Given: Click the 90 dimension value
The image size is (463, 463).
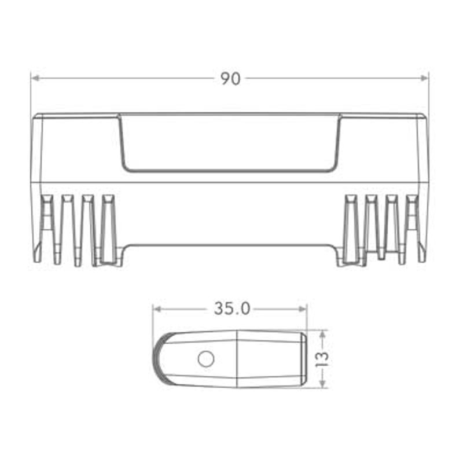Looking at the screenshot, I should coord(230,79).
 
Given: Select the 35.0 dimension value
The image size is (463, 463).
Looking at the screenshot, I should coord(231,309).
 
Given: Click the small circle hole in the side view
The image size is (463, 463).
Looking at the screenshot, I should coord(205,359).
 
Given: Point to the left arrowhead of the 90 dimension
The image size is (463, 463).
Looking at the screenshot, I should coord(35,78).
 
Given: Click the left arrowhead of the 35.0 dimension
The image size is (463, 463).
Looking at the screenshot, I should coord(157,309).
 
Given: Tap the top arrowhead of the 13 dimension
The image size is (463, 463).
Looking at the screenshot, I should coord(323,334).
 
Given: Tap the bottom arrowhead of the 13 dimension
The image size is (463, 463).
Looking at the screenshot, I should coord(323,384).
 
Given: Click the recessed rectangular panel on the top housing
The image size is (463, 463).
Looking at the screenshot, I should coord(229,143).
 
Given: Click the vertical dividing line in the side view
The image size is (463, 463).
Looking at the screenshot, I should coord(238,359).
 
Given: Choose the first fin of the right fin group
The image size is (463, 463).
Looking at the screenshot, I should coord(350,229).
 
